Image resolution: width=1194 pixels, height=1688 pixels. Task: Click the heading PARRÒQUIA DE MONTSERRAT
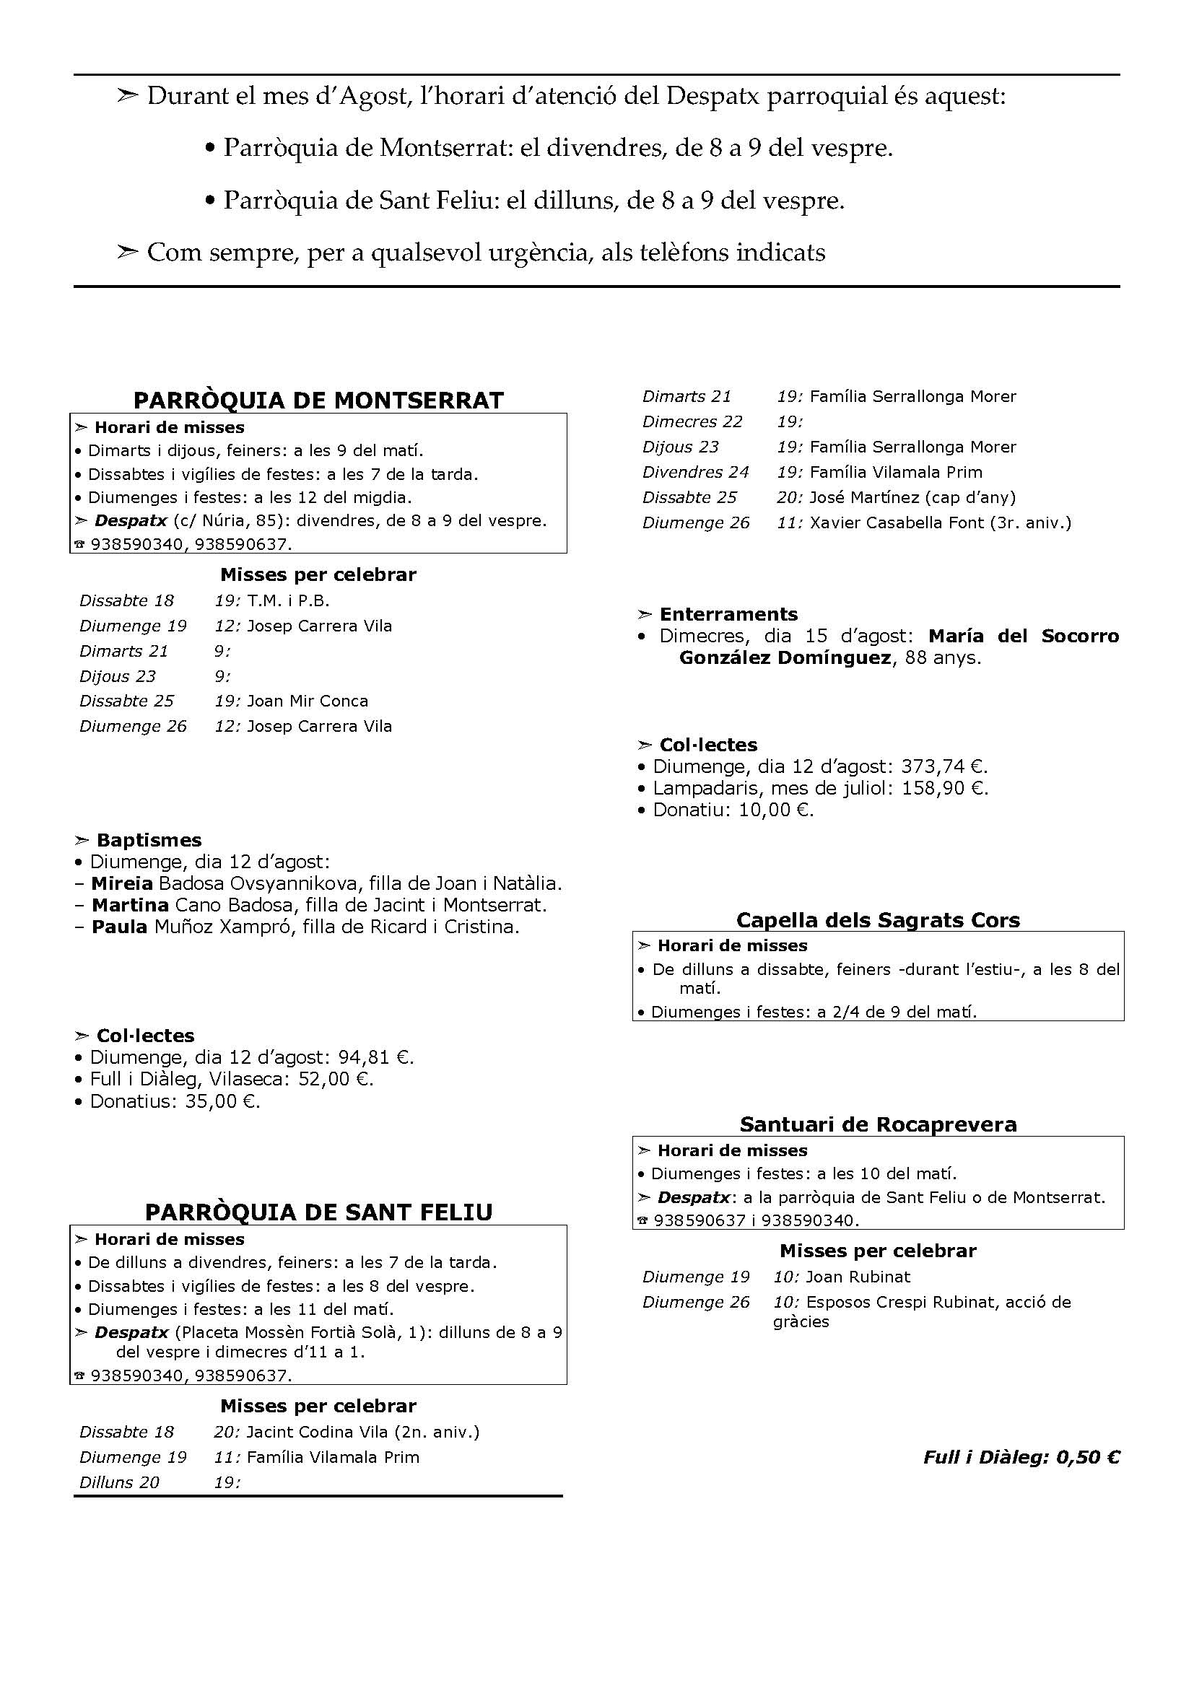click(x=318, y=401)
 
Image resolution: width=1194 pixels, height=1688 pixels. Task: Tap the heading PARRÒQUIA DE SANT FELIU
click(x=318, y=1212)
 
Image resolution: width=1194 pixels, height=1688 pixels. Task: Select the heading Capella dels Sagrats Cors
click(x=878, y=920)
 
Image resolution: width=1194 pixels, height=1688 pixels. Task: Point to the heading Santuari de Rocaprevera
click(x=878, y=1125)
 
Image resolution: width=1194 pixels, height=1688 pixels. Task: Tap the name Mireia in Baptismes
click(x=122, y=884)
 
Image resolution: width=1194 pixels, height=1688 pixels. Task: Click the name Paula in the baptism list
click(x=119, y=927)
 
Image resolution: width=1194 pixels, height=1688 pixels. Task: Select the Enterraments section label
click(x=728, y=615)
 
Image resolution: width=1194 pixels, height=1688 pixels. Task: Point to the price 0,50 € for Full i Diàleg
click(x=1088, y=1457)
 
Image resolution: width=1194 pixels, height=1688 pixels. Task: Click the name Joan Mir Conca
click(x=308, y=701)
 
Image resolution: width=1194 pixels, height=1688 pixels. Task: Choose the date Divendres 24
click(x=694, y=473)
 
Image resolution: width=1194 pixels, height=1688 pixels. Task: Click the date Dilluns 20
click(x=119, y=1483)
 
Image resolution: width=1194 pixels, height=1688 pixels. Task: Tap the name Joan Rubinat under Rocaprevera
click(x=858, y=1277)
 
